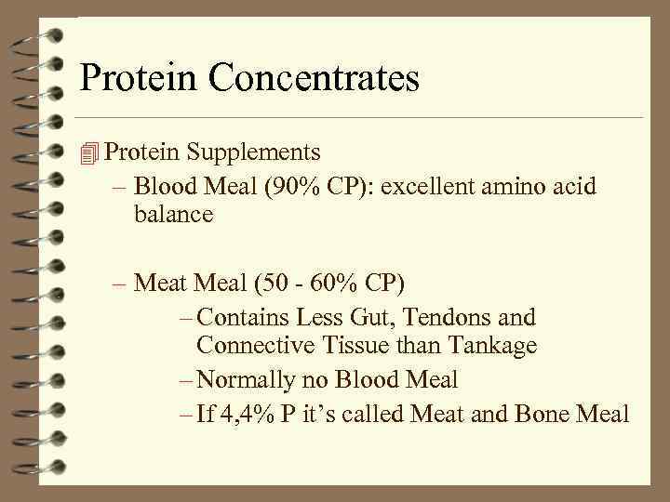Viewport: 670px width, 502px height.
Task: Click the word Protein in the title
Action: coord(140,77)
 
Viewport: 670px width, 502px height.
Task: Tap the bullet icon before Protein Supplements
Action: coord(89,152)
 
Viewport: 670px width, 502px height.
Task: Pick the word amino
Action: coord(514,187)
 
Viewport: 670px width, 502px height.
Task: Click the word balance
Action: coord(173,215)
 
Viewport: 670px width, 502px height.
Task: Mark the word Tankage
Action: coord(491,346)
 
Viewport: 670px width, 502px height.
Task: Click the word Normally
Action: coord(248,379)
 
